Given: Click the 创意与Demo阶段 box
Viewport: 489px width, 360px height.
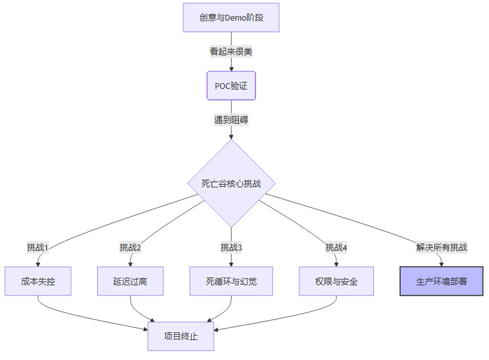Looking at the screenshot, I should tap(231, 17).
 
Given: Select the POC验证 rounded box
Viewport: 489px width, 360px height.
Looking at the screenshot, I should tap(231, 86).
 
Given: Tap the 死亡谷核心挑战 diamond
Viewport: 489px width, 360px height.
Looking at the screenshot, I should tap(231, 184).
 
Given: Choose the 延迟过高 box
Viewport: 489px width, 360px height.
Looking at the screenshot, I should tap(130, 281).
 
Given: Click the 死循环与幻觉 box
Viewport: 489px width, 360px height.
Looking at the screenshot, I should tap(231, 281).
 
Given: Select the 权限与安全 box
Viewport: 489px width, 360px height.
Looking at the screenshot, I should tap(336, 281).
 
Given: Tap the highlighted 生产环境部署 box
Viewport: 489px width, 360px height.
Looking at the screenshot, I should tap(441, 281).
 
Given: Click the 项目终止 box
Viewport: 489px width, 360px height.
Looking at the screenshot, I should tap(181, 336).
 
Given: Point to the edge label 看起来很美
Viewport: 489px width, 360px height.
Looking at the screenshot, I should tap(231, 51).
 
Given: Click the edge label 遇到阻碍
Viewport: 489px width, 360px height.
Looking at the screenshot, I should tap(231, 119).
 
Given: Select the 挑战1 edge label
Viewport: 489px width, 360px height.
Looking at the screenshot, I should tap(38, 247).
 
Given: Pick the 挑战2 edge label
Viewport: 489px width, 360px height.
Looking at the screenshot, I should tap(130, 247).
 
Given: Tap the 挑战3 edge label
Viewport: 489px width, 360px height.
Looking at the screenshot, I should tap(231, 247).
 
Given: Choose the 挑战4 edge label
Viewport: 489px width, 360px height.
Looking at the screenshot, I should tap(336, 247).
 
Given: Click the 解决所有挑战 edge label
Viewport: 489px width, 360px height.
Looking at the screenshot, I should tap(441, 247).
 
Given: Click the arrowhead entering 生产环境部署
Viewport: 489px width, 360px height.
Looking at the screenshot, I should tap(441, 263).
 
